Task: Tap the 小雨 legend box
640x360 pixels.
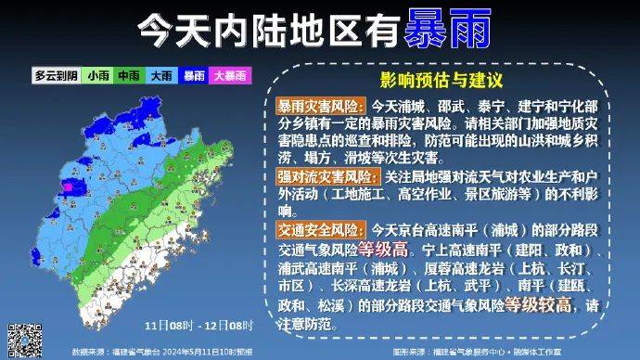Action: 97,76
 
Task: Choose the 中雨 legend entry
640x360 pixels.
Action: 128,76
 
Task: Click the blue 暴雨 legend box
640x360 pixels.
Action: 193,76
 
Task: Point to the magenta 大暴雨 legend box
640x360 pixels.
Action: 229,76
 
